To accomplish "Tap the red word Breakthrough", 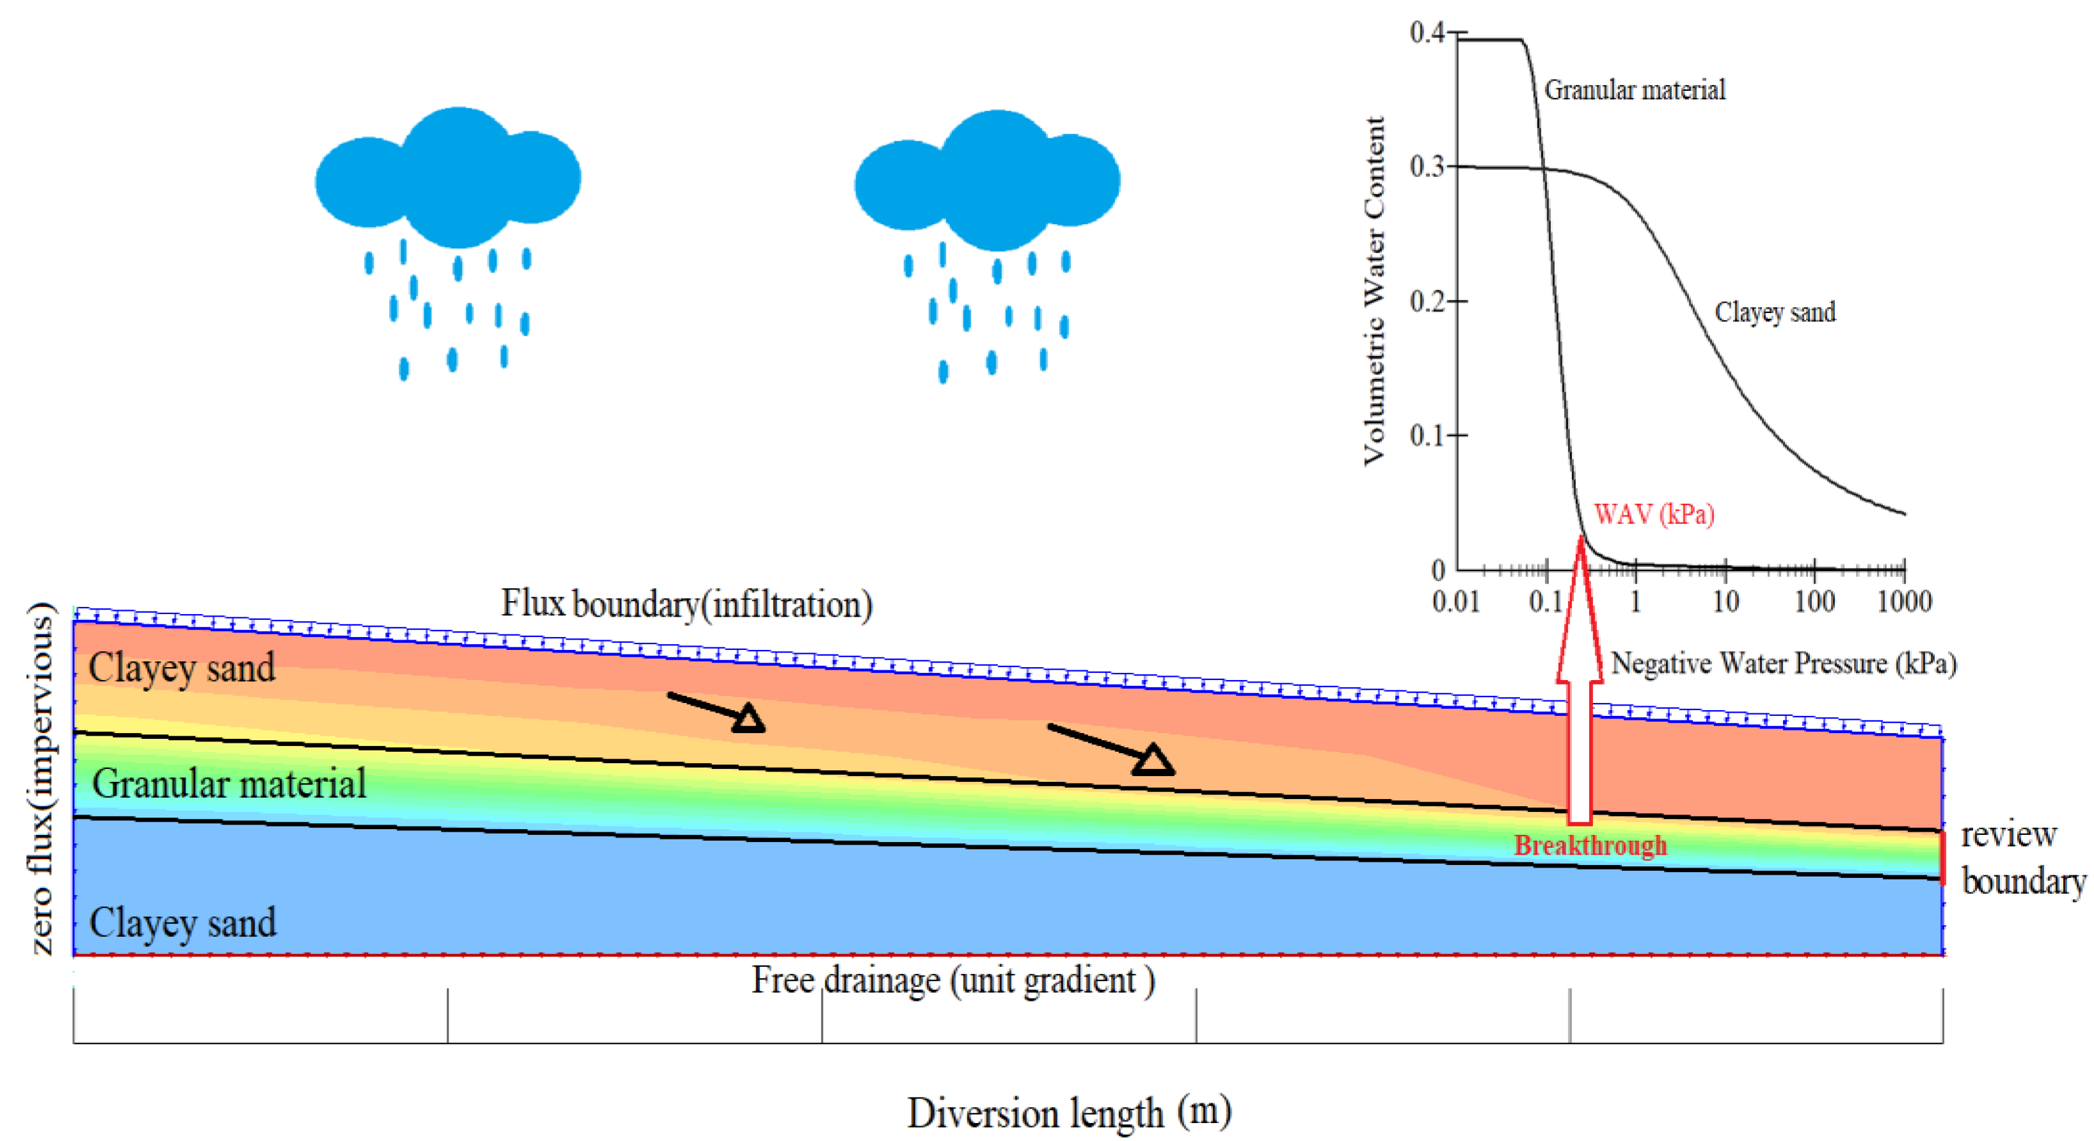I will tap(1589, 846).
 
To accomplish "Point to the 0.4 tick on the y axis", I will tap(1427, 33).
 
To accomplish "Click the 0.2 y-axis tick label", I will tap(1427, 302).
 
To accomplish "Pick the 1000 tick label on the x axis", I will tap(1904, 603).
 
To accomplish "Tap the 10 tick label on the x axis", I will tap(1725, 603).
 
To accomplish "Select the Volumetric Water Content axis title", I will tap(1374, 291).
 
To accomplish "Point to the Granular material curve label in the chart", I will tap(1634, 90).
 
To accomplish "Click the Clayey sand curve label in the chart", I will tap(1775, 312).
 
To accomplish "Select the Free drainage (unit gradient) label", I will tap(953, 981).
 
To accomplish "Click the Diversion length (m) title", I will tap(1068, 1113).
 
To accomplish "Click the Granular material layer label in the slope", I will tap(229, 784).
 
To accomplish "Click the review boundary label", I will tap(2022, 858).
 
